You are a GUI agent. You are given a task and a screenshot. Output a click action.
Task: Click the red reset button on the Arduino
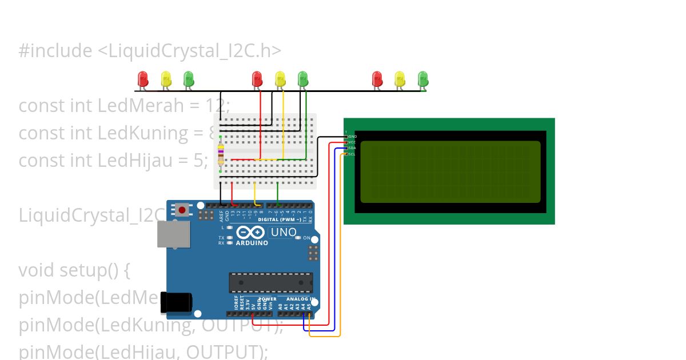click(x=182, y=210)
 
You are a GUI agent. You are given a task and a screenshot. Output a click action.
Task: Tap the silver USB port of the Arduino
click(x=174, y=234)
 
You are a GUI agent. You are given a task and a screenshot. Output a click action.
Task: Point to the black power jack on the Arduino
click(x=175, y=302)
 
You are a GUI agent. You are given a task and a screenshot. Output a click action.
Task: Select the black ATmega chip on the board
click(x=270, y=282)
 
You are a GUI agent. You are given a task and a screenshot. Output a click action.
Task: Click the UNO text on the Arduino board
click(x=284, y=233)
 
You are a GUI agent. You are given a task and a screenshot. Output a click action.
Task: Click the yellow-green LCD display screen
click(x=450, y=172)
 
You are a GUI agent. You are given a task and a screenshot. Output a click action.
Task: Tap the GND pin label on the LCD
click(x=352, y=137)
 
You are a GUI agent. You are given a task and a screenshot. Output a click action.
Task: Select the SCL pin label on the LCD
click(x=352, y=154)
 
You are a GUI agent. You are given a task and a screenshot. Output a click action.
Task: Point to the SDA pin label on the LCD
click(x=352, y=148)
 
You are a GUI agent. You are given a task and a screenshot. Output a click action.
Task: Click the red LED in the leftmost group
click(x=143, y=78)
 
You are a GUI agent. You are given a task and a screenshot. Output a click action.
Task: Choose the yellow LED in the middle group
click(x=280, y=78)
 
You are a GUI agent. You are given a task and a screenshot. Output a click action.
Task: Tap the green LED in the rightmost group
click(x=422, y=78)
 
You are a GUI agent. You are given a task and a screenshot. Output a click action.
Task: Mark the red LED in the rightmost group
click(x=377, y=78)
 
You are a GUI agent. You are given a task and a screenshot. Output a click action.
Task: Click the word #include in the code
click(x=55, y=51)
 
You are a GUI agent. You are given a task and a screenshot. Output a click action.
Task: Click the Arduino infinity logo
click(x=250, y=233)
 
